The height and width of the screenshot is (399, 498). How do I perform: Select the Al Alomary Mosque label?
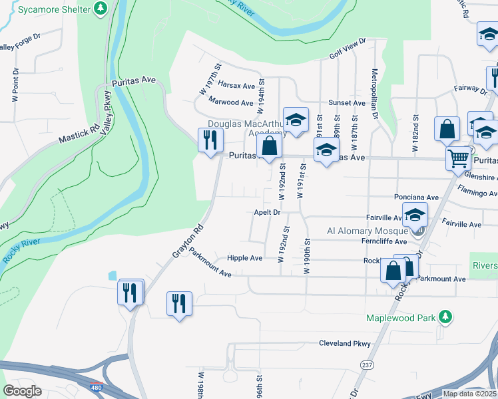[367, 231]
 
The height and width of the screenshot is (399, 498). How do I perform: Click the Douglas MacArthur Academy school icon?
[296, 120]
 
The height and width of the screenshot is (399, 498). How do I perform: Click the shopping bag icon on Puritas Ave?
[269, 148]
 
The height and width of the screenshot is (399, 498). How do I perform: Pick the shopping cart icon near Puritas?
[459, 160]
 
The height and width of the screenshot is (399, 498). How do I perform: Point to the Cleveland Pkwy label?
[344, 344]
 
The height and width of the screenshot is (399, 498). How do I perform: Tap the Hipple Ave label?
[244, 258]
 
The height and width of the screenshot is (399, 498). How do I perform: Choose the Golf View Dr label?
[348, 47]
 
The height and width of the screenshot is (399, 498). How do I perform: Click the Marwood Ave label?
[230, 102]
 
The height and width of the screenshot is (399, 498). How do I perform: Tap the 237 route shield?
[367, 364]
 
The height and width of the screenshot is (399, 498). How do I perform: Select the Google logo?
[22, 391]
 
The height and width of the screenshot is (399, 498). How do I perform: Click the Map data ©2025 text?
[470, 394]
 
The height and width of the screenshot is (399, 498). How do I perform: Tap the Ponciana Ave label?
[416, 198]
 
